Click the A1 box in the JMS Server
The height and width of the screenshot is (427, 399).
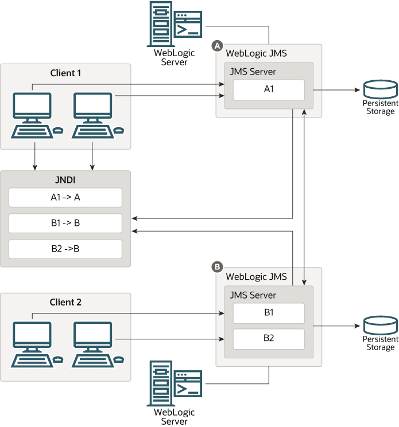268,90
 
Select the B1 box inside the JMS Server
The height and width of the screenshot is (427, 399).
268,314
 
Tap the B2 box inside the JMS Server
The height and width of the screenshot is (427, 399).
268,338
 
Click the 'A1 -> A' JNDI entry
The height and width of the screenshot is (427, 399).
65,197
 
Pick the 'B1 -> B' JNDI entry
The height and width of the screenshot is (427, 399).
65,223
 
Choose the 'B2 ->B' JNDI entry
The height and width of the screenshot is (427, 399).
65,249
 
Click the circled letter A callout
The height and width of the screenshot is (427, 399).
217,45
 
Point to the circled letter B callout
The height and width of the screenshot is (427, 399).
217,267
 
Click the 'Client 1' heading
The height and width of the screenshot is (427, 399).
65,73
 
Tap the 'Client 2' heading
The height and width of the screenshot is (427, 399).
65,302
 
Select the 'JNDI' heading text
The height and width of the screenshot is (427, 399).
65,179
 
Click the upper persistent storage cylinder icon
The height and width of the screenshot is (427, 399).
380,89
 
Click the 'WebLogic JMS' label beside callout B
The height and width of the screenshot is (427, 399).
257,276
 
